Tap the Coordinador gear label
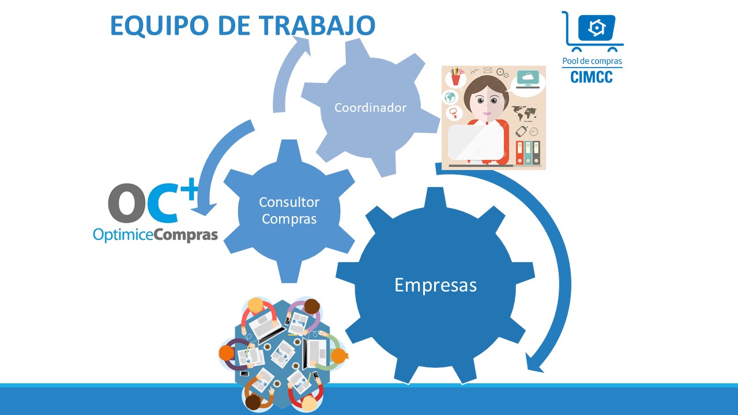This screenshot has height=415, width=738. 370,108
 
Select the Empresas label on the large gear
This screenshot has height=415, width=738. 435,285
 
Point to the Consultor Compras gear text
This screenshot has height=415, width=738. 289,210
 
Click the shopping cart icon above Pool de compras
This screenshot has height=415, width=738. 592,31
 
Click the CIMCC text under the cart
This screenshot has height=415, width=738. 592,77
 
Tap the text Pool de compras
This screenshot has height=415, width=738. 592,61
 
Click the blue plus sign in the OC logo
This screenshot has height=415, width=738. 190,188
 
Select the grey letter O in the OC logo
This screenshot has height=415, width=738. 127,203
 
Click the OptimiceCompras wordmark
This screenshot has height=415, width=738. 156,235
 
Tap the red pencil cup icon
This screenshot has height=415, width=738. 456,77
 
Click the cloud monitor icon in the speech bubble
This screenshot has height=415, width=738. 528,80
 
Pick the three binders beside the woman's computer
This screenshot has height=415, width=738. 528,153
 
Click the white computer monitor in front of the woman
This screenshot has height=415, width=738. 476,142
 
